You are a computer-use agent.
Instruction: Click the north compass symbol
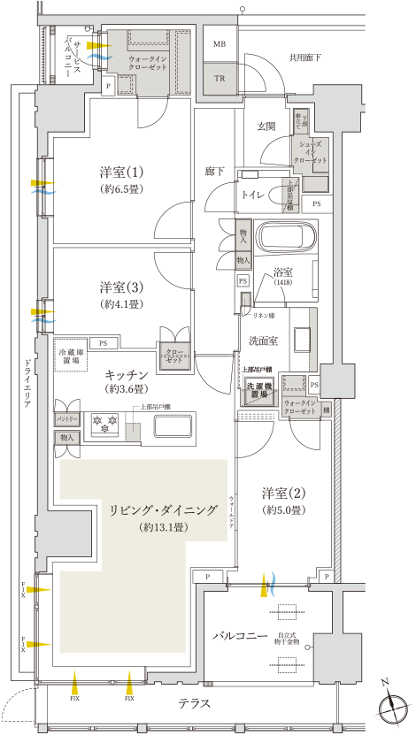389,707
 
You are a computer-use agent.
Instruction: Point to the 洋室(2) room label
283,493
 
